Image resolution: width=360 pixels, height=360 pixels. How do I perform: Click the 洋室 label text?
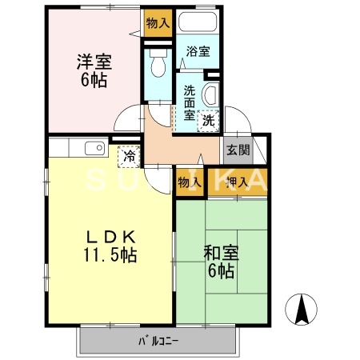pyautogui.click(x=93, y=61)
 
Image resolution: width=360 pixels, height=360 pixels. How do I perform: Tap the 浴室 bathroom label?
pyautogui.click(x=198, y=52)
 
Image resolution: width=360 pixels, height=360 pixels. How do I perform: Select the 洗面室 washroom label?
pyautogui.click(x=189, y=102)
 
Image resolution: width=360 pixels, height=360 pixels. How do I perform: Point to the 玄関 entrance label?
pyautogui.click(x=238, y=150)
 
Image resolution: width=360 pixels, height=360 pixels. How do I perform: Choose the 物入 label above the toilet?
pyautogui.click(x=158, y=23)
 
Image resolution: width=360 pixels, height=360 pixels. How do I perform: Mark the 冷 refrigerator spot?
pyautogui.click(x=128, y=154)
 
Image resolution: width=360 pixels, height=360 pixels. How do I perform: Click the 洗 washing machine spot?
pyautogui.click(x=208, y=122)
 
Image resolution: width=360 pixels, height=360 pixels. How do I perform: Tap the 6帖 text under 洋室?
pyautogui.click(x=93, y=80)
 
